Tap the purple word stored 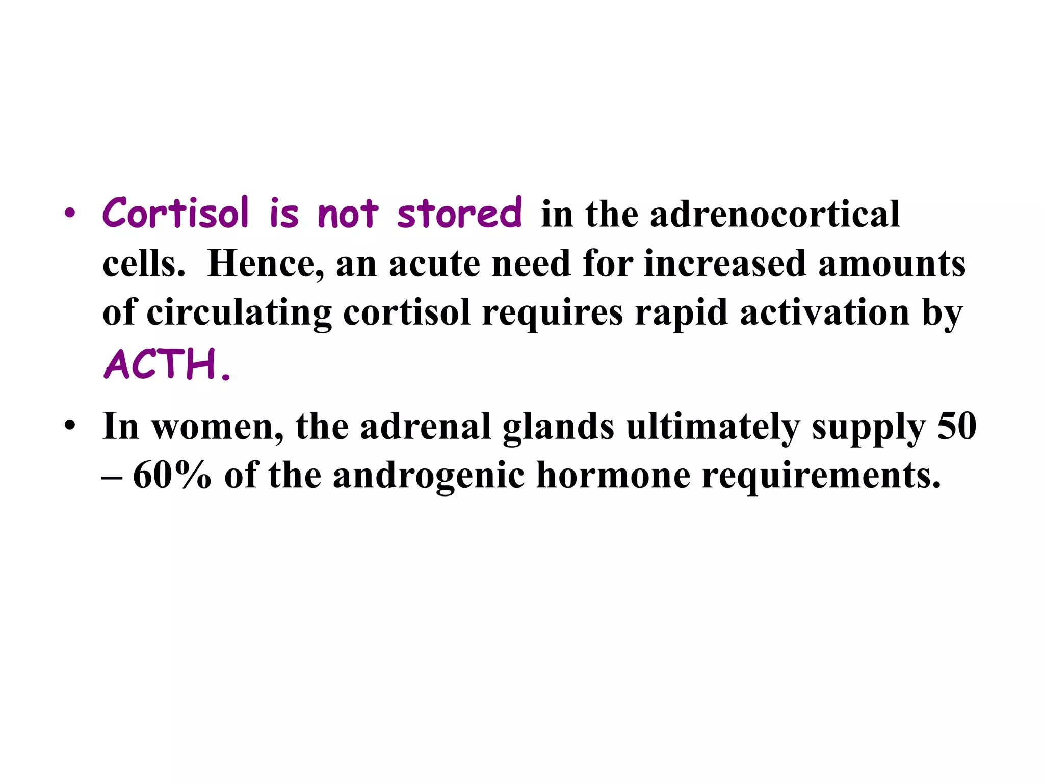coord(459,213)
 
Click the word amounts coord(892,264)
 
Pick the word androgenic coord(429,475)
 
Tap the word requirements coord(821,475)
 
